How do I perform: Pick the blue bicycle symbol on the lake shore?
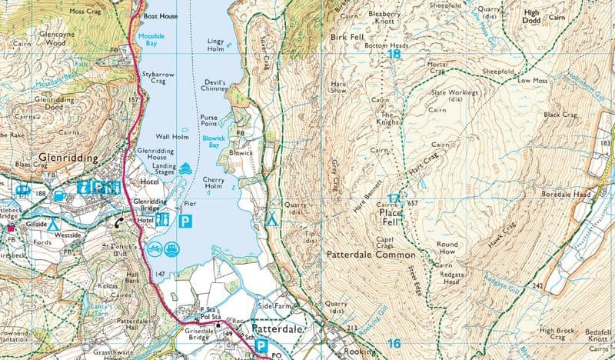pyautogui.click(x=153, y=248)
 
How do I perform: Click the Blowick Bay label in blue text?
pyautogui.click(x=211, y=142)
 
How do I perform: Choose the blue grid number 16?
pyautogui.click(x=394, y=344)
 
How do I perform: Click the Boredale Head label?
pyautogui.click(x=567, y=195)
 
